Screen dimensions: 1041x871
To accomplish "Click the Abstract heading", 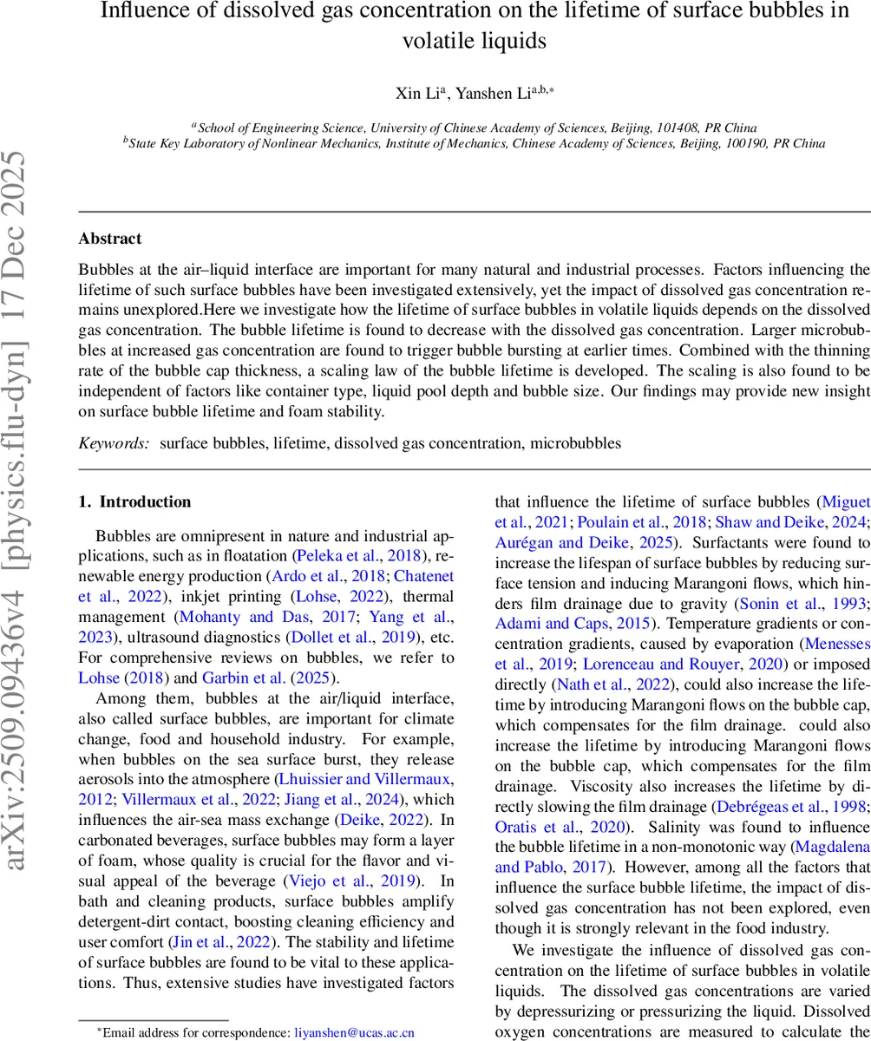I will point(109,238).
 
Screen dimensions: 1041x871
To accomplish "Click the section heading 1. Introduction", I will point(134,501).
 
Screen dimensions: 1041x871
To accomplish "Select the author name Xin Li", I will point(410,94).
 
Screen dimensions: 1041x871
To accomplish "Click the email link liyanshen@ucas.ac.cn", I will point(355,1032).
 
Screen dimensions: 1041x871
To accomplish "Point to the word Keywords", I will point(114,442).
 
